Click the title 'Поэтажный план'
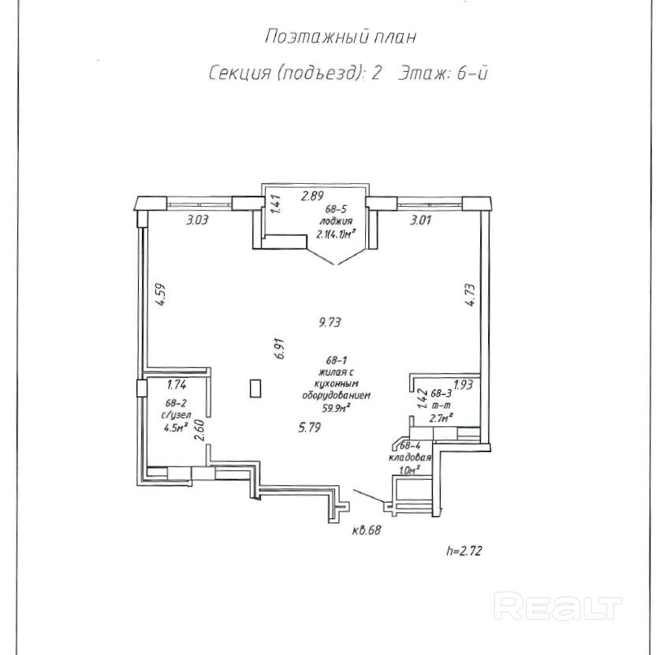pos(340,36)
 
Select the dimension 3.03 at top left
pos(196,221)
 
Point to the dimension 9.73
pos(329,322)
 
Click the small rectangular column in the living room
pos(255,388)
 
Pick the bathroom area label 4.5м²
pos(175,429)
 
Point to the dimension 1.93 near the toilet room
pos(462,385)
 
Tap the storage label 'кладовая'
pos(408,457)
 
